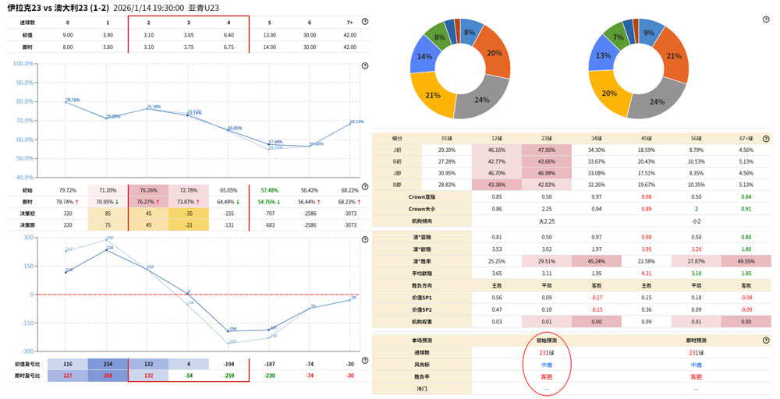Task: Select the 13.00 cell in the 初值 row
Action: pos(269,35)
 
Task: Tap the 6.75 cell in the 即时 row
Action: pos(229,47)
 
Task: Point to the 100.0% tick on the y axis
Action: pos(24,83)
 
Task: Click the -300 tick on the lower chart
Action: pos(27,351)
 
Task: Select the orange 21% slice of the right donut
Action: pos(673,56)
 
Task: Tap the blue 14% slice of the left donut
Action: pos(425,57)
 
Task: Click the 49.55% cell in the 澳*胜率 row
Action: pos(746,261)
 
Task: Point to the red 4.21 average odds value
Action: pos(645,274)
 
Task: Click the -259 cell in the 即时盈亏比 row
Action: pos(229,376)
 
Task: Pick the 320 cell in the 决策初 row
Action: pos(67,212)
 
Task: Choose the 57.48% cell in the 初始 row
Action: pos(269,189)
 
